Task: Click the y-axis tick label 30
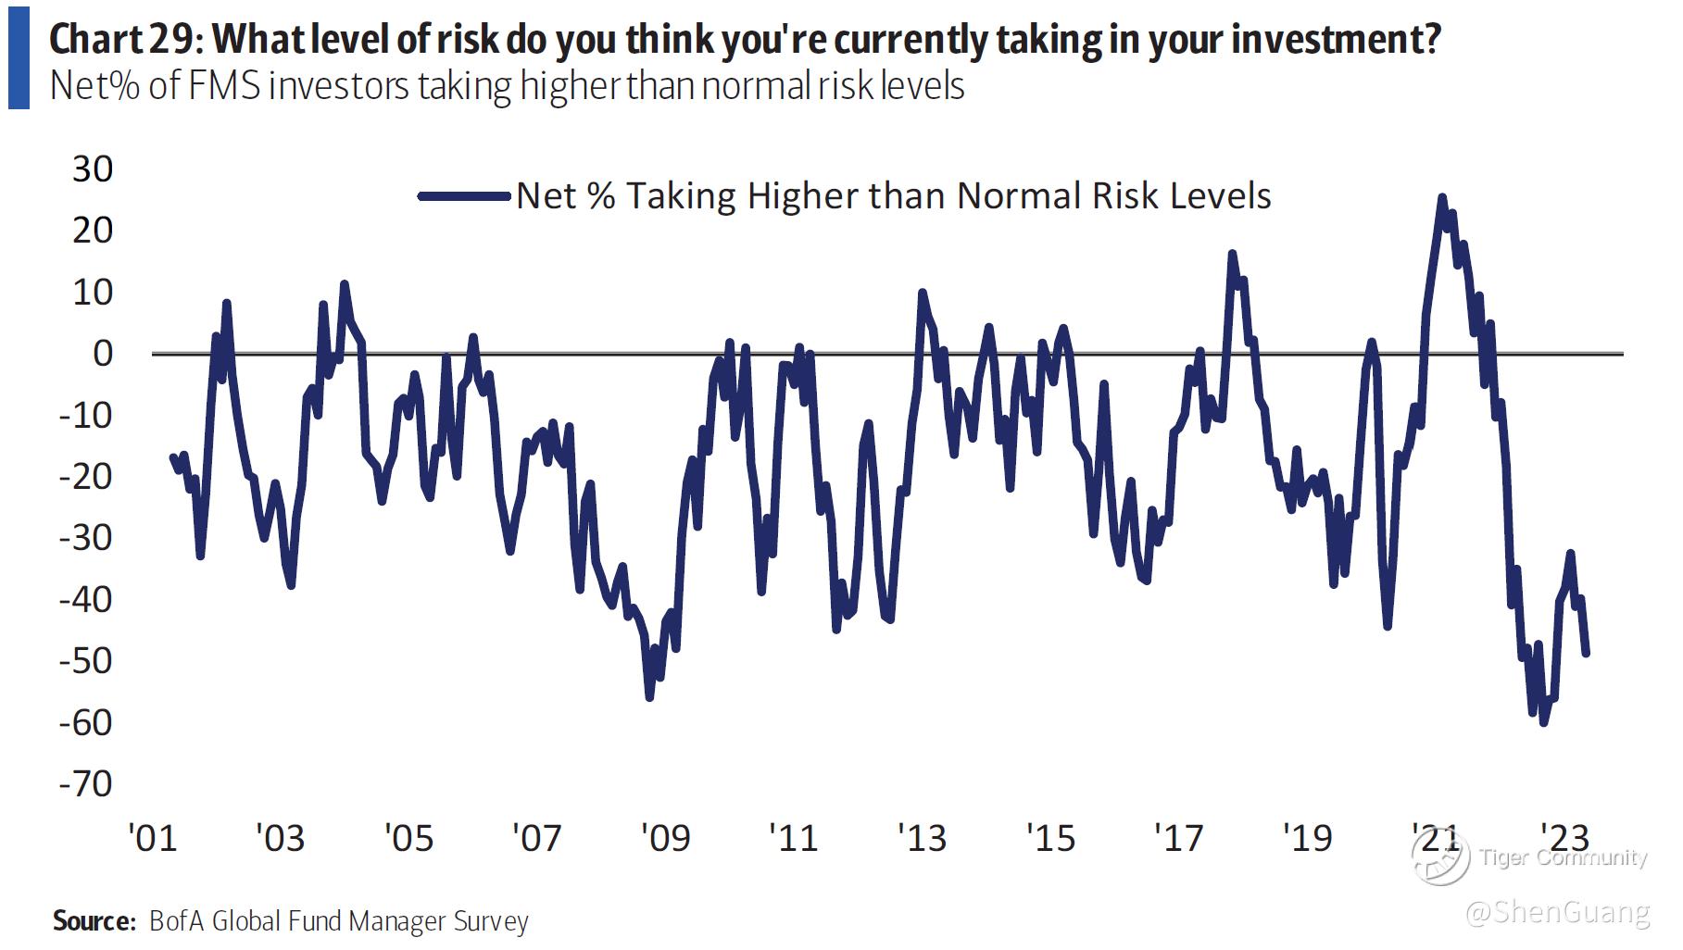pyautogui.click(x=92, y=169)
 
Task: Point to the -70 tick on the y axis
pyautogui.click(x=85, y=784)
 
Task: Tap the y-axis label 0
pyautogui.click(x=102, y=354)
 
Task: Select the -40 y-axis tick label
pyautogui.click(x=85, y=600)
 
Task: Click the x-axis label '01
pyautogui.click(x=152, y=838)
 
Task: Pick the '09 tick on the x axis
pyautogui.click(x=665, y=838)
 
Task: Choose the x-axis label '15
pyautogui.click(x=1050, y=838)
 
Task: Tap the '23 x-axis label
pyautogui.click(x=1564, y=838)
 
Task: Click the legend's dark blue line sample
pyautogui.click(x=464, y=195)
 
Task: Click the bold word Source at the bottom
pyautogui.click(x=94, y=921)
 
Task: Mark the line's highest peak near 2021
pyautogui.click(x=1441, y=197)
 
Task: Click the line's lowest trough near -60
pyautogui.click(x=1543, y=722)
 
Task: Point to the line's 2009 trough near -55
pyautogui.click(x=649, y=697)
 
